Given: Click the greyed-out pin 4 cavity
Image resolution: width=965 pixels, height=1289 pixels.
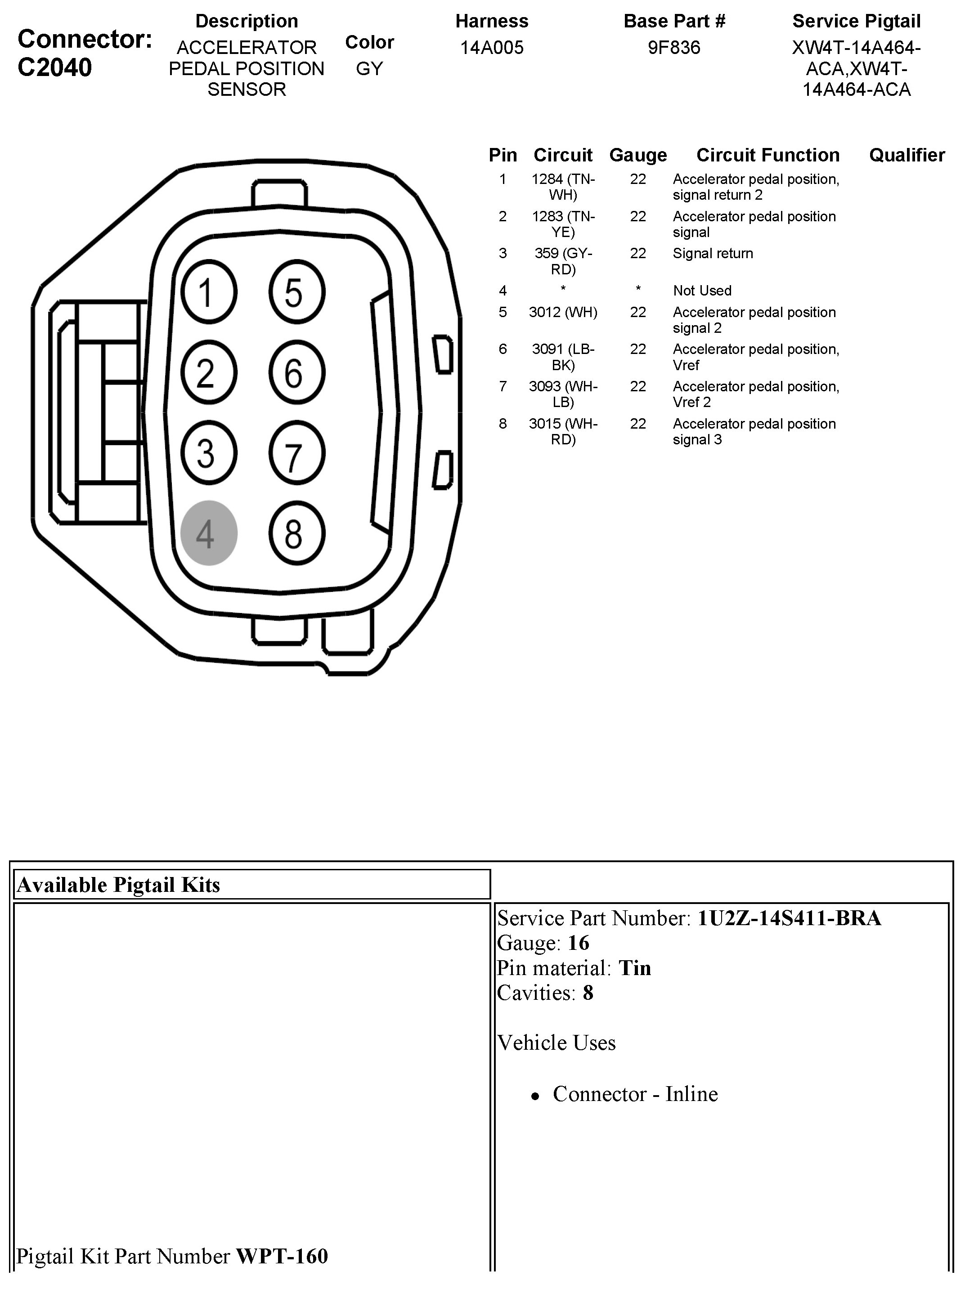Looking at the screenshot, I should (x=209, y=533).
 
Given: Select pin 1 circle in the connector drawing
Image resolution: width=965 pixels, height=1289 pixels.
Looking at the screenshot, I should (x=209, y=291).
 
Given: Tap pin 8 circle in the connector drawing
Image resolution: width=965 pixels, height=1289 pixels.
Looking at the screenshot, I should (x=296, y=533).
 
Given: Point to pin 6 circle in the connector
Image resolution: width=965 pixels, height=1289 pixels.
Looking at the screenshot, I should (x=296, y=372).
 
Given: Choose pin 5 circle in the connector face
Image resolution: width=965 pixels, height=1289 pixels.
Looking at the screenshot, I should (x=296, y=291).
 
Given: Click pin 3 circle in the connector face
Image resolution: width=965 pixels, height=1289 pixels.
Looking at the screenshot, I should (x=209, y=453).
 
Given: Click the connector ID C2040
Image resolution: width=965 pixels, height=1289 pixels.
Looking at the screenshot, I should (x=55, y=67).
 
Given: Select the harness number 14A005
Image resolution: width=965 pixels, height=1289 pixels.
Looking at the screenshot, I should (x=492, y=47).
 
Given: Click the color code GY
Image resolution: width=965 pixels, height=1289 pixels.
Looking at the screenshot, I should (x=369, y=69).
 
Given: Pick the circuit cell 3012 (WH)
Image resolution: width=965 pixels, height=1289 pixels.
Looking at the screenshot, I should (x=563, y=312).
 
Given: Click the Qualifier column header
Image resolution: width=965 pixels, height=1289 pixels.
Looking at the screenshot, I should (x=907, y=155).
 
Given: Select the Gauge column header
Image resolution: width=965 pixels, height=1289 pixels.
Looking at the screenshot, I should (x=638, y=155).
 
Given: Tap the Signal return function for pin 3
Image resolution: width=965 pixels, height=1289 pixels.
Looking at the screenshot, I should (x=713, y=254).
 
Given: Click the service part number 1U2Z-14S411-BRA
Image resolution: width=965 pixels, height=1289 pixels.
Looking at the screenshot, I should (x=789, y=918).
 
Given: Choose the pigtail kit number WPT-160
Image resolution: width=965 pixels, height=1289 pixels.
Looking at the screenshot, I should (x=282, y=1256).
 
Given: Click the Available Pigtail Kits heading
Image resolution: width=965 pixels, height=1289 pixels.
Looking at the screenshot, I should (x=118, y=885).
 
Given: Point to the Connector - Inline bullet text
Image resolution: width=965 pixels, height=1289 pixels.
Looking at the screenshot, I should (x=635, y=1094).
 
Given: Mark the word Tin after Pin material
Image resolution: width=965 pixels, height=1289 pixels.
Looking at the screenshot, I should (x=635, y=968).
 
